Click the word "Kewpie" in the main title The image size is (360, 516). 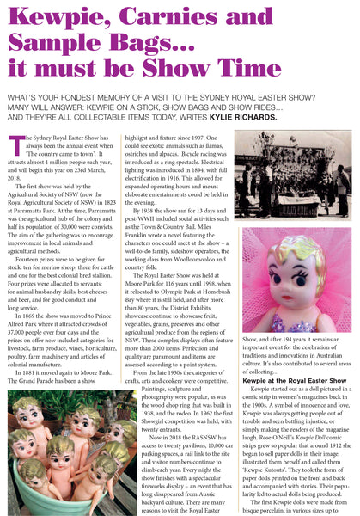pyautogui.click(x=52, y=18)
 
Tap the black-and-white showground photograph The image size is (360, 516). pyautogui.click(x=293, y=175)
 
